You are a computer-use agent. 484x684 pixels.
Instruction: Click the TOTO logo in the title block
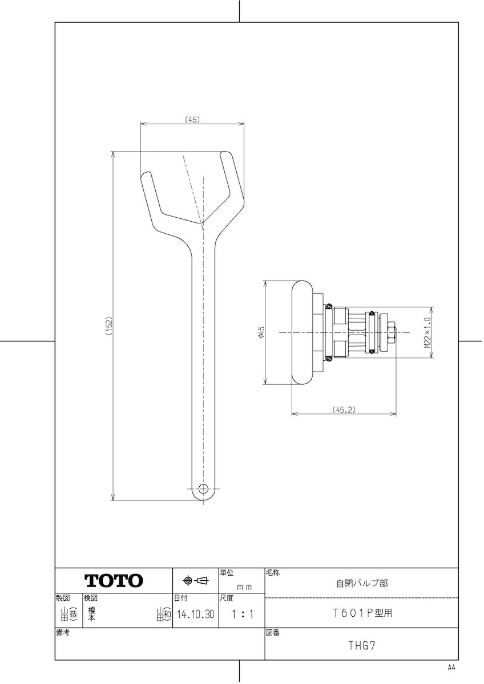tap(114, 580)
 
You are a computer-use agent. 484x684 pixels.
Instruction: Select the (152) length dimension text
tap(110, 326)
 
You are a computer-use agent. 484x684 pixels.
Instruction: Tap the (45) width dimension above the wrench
tap(192, 119)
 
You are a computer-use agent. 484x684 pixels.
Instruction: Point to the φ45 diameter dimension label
tap(261, 332)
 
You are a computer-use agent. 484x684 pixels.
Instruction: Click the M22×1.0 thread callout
tap(427, 332)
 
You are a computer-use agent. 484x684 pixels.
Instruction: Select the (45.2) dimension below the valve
tap(344, 409)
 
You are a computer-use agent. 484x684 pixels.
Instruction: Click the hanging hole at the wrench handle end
tap(203, 488)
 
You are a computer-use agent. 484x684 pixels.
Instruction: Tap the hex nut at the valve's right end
tap(391, 332)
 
